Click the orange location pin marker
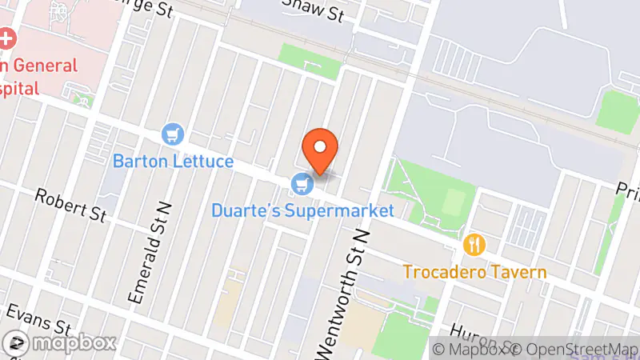320,150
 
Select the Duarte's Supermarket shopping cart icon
302,185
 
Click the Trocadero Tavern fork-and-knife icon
475,245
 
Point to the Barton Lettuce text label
173,161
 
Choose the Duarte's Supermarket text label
303,211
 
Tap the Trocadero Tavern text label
474,272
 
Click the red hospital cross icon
7,38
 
